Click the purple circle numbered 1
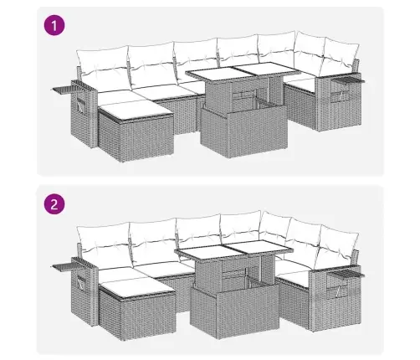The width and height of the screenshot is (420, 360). (54, 26)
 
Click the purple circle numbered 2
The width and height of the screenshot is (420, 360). (54, 204)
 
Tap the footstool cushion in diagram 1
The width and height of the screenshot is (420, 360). (136, 110)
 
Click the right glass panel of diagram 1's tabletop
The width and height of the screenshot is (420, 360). (265, 69)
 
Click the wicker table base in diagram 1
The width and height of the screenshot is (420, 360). (243, 131)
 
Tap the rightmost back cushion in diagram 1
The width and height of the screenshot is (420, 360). (341, 56)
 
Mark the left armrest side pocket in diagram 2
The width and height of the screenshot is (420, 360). (82, 283)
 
